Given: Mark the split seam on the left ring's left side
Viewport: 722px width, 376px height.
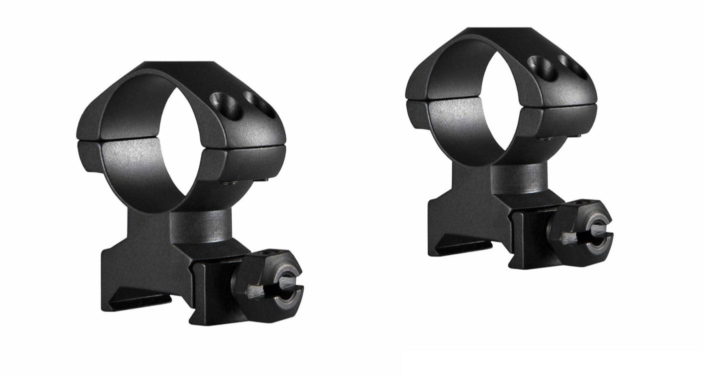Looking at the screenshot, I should (92, 141).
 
